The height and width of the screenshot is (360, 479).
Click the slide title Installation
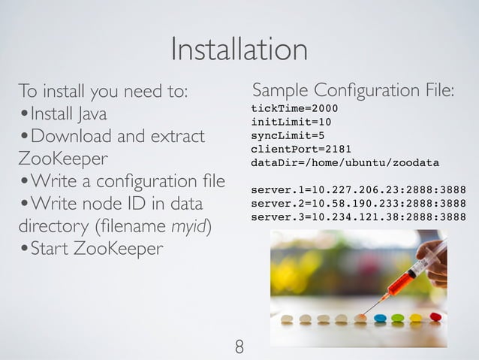239,50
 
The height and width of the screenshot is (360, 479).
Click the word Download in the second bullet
75,138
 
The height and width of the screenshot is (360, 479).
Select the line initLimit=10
291,123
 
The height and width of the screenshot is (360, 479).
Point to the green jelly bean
397,318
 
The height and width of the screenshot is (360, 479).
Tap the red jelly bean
435,317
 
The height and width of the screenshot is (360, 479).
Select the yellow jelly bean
416,318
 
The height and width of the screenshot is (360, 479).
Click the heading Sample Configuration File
353,92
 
